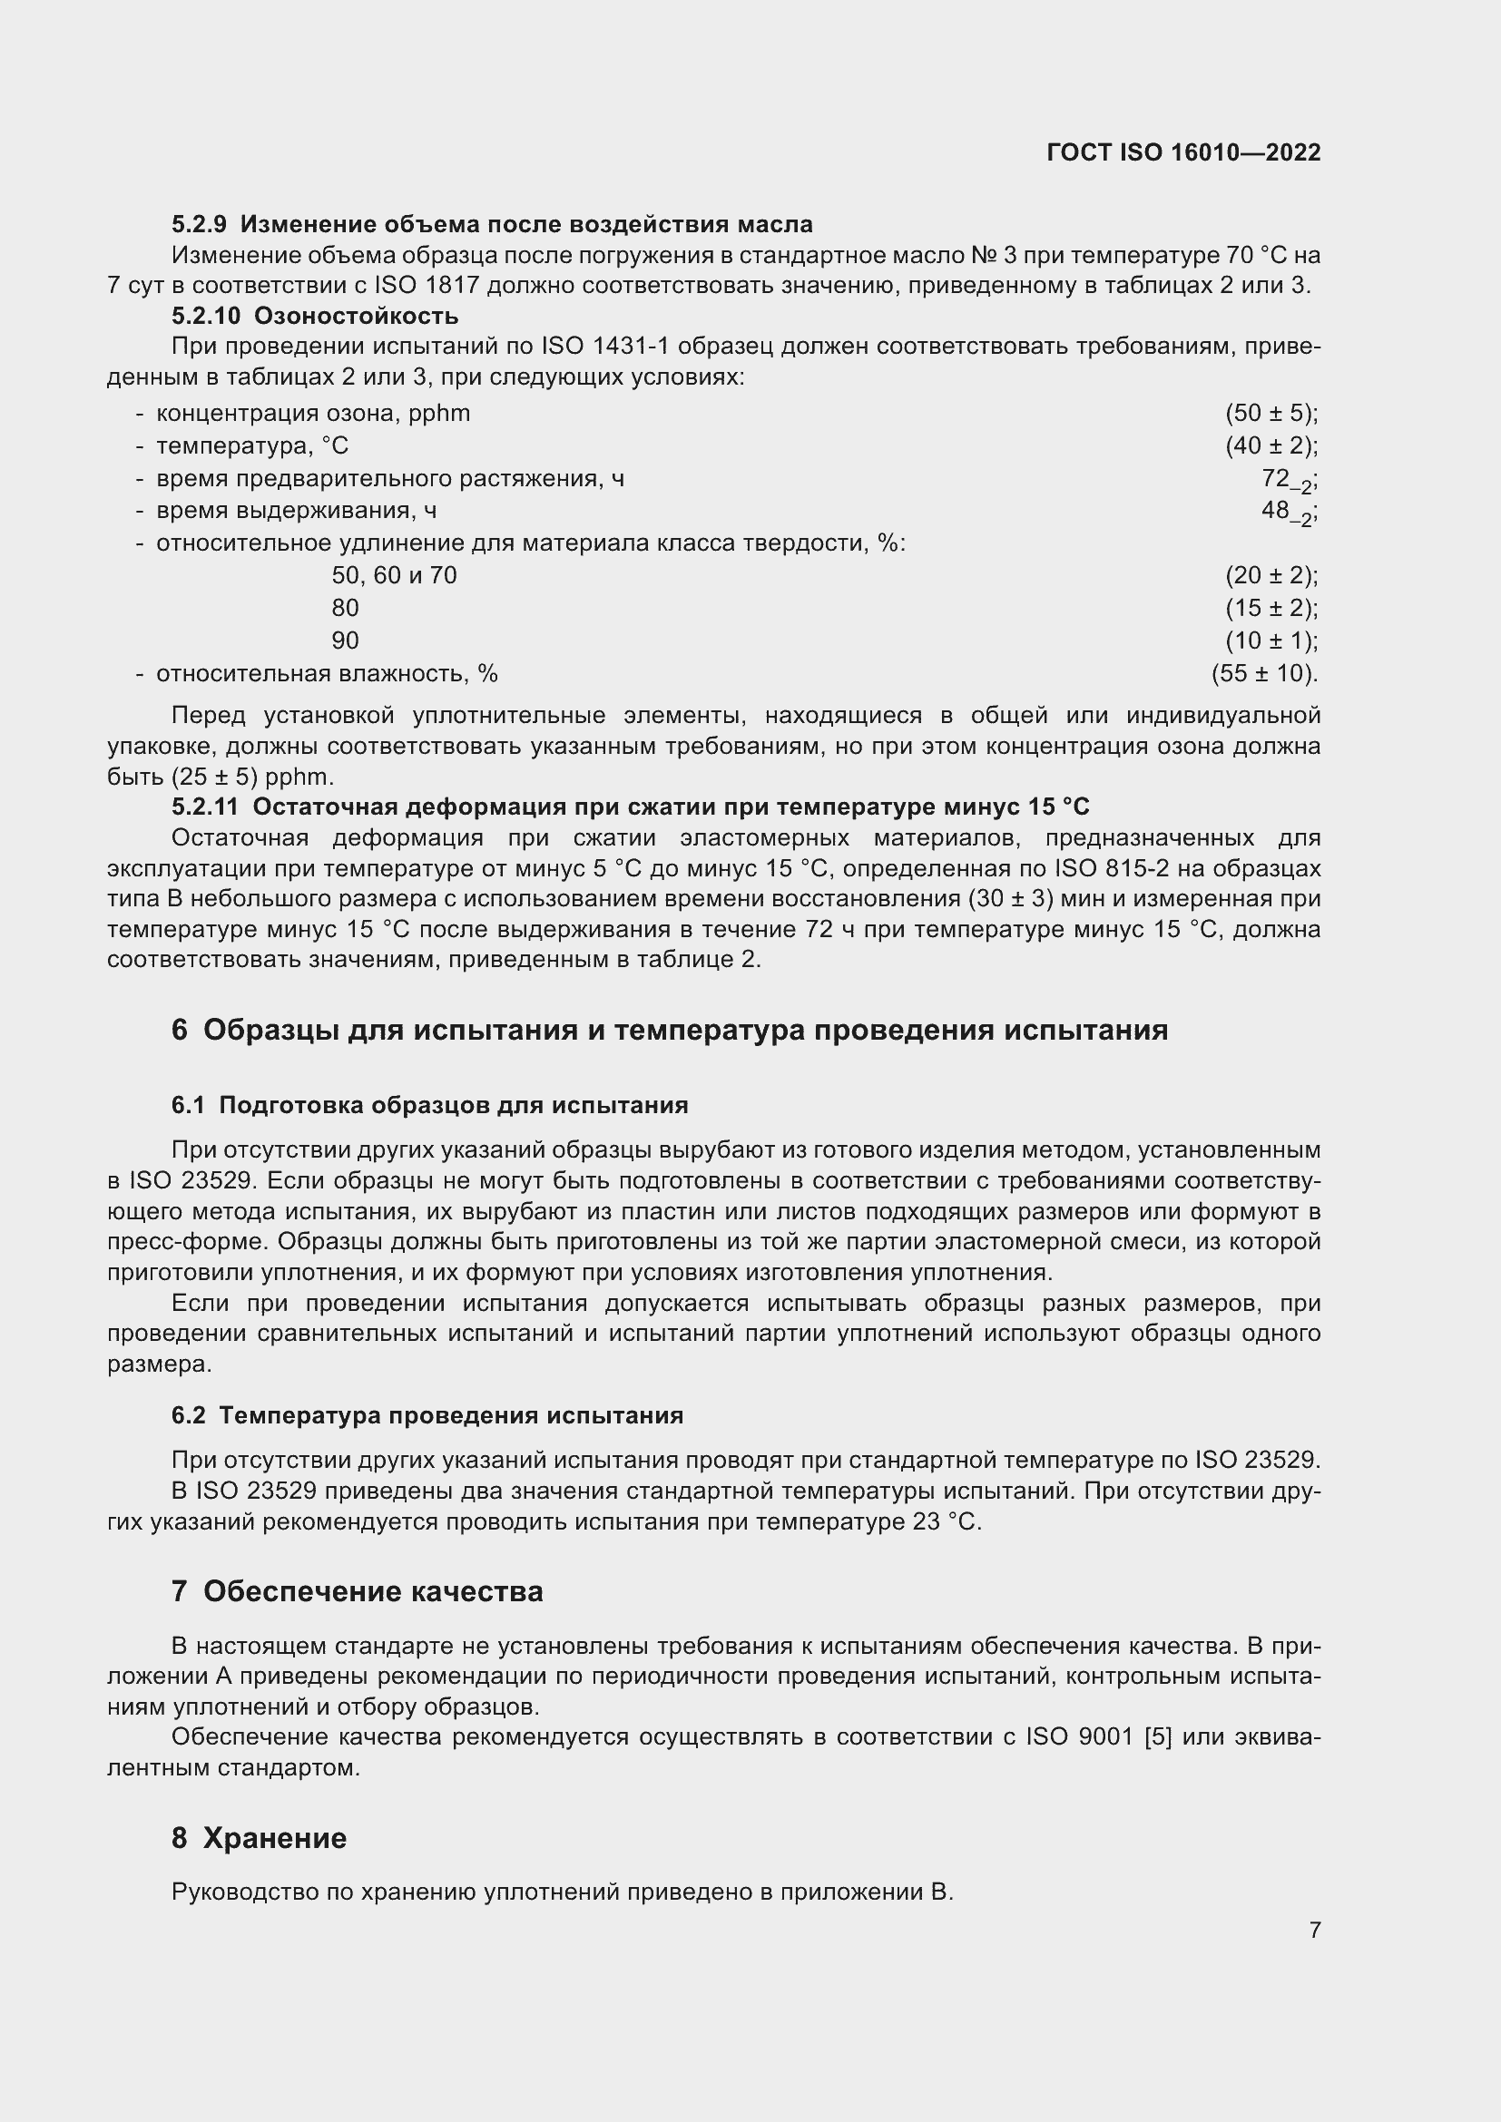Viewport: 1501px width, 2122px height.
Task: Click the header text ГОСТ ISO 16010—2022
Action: click(1183, 152)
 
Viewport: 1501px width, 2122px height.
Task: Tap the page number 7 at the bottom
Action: click(1314, 1930)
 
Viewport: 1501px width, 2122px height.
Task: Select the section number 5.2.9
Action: click(199, 225)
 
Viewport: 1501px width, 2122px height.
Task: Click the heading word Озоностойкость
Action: click(356, 316)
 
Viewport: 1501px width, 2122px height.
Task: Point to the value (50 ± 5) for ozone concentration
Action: click(1270, 413)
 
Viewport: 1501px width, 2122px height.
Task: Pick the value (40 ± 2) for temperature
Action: click(1270, 445)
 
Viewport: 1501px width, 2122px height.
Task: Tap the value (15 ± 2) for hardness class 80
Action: click(1270, 608)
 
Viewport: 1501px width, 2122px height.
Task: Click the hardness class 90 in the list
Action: click(345, 641)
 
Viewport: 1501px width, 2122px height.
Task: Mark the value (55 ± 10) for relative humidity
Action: click(1263, 674)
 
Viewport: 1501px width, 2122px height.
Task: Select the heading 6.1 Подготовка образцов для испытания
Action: click(430, 1105)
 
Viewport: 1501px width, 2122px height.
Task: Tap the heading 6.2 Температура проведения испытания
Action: click(427, 1416)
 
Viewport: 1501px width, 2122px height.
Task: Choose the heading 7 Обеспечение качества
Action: click(357, 1591)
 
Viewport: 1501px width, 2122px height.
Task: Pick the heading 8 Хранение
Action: click(259, 1838)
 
